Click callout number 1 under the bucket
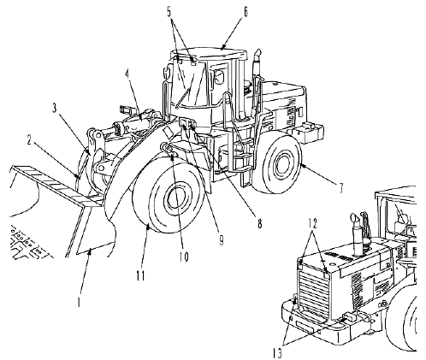tap(80, 302)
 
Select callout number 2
tap(29, 140)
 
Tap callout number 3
tap(55, 109)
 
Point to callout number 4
tap(127, 75)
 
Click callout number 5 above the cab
tap(169, 12)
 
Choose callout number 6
tap(245, 12)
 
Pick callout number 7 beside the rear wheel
tap(340, 188)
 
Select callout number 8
tap(259, 223)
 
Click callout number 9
tap(221, 240)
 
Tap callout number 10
tap(184, 257)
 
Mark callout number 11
tap(140, 275)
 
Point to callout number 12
tap(312, 223)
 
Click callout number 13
tap(276, 353)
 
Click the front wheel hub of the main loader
tap(176, 198)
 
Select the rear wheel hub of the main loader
tap(282, 165)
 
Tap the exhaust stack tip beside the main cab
tap(257, 54)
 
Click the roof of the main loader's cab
tap(208, 54)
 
